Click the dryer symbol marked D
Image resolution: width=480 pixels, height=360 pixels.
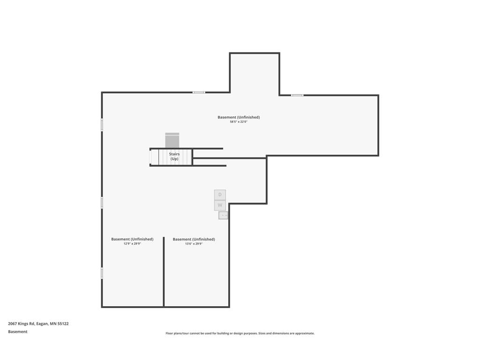tap(220, 195)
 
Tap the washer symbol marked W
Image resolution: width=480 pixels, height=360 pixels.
tap(220, 205)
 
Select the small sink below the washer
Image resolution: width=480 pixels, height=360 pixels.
tap(223, 215)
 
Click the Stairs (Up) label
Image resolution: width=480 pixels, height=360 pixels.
tap(174, 157)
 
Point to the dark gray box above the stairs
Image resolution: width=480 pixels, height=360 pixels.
tap(172, 141)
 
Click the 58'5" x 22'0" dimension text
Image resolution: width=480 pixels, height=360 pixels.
tap(239, 122)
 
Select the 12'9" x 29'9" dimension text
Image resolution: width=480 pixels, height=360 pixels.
tap(132, 244)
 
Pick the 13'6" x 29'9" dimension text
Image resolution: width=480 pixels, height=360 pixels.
tap(194, 244)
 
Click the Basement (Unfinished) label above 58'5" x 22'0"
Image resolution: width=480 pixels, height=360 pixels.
tap(239, 117)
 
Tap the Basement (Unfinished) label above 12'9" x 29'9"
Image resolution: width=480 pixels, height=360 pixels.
tap(132, 239)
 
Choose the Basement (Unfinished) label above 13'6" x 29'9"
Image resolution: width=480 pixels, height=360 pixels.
tap(194, 239)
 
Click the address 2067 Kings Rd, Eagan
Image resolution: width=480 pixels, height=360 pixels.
tap(28, 323)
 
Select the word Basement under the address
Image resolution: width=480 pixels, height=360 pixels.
tap(18, 331)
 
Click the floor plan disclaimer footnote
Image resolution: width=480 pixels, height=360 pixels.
tap(240, 333)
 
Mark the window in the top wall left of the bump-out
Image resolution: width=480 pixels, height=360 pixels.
tap(199, 92)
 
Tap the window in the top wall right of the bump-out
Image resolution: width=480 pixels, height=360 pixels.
tap(297, 95)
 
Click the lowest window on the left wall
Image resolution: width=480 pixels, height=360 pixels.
tap(102, 273)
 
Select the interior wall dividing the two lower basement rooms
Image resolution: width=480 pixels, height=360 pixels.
tap(164, 272)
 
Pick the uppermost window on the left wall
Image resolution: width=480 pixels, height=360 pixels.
tap(102, 125)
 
